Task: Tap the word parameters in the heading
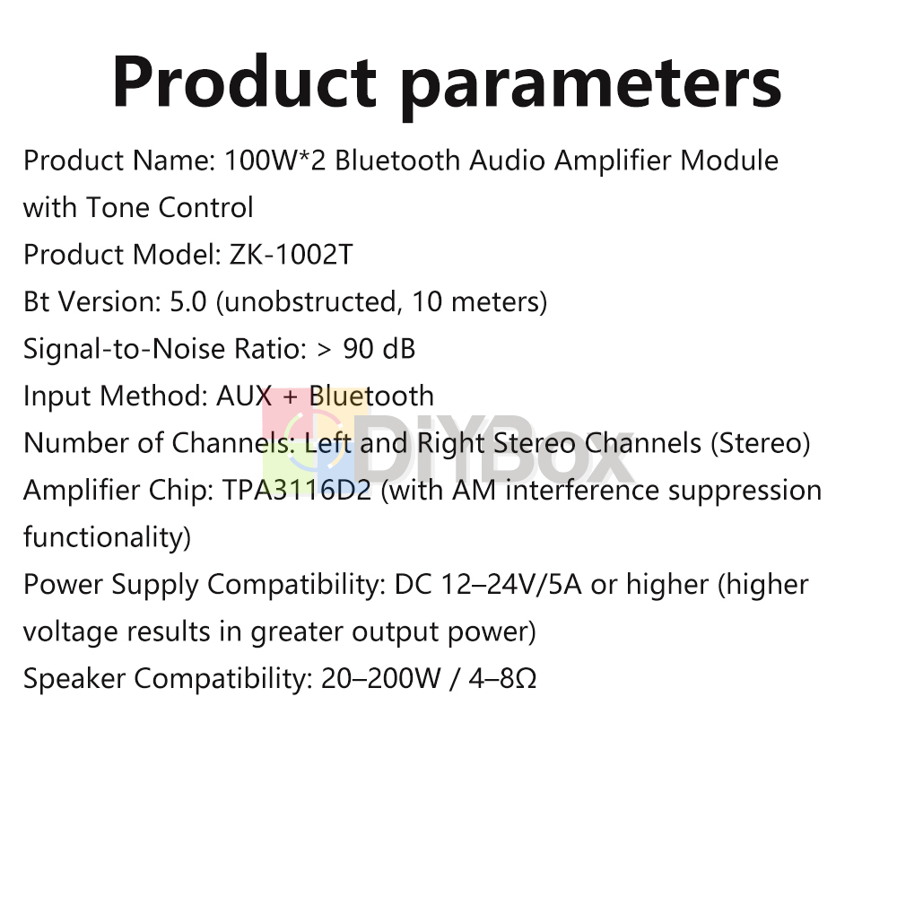(591, 87)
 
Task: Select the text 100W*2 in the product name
(274, 161)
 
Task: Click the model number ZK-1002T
(292, 255)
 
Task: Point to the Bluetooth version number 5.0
(188, 301)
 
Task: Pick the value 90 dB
(379, 348)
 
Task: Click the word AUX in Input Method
(244, 396)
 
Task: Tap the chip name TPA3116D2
(297, 490)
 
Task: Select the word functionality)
(107, 537)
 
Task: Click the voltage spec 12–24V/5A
(511, 585)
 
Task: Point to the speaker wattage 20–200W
(381, 678)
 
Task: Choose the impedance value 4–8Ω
(502, 678)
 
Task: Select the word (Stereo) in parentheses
(761, 443)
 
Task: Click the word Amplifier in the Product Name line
(613, 161)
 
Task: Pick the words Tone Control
(170, 208)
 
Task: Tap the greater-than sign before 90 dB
(324, 350)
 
